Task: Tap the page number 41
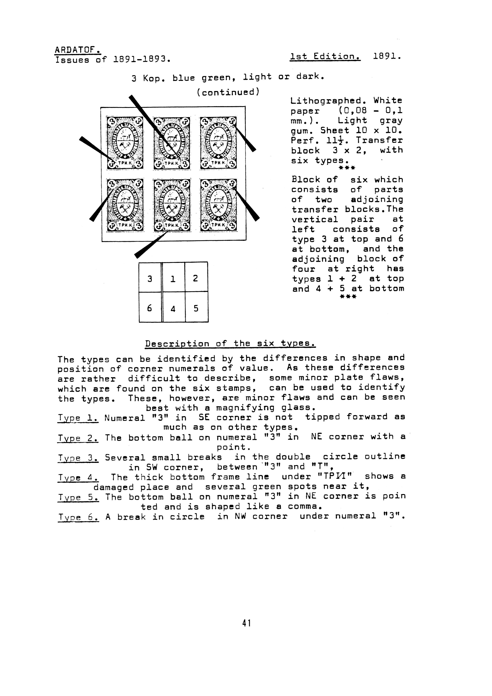pyautogui.click(x=246, y=623)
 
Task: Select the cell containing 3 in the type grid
pyautogui.click(x=150, y=277)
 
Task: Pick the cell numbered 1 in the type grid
pyautogui.click(x=173, y=277)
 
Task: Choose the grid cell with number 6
pyautogui.click(x=150, y=307)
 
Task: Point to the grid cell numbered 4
pyautogui.click(x=173, y=307)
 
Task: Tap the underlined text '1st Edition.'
pyautogui.click(x=325, y=57)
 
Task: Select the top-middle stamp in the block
pyautogui.click(x=172, y=143)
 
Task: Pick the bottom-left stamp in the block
pyautogui.click(x=125, y=205)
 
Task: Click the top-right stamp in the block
pyautogui.click(x=218, y=143)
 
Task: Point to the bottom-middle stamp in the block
pyautogui.click(x=172, y=205)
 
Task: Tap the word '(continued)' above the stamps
pyautogui.click(x=228, y=92)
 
